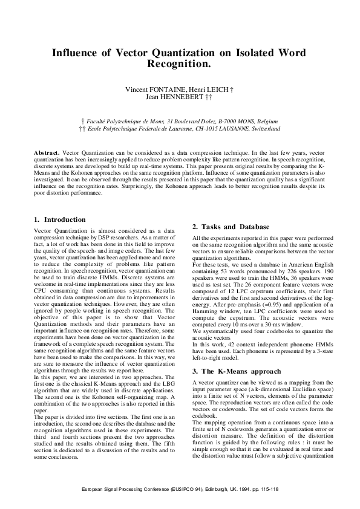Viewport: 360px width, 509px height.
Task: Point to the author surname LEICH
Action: point(219,89)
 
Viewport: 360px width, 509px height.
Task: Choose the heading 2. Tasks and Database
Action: point(231,227)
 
